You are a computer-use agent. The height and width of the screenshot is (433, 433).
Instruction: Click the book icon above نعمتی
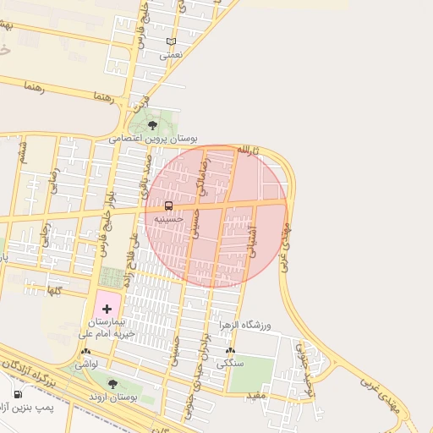pos(172,41)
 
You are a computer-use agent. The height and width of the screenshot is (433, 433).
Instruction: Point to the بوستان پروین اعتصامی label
pos(153,137)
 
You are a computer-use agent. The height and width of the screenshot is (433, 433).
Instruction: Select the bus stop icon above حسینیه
pos(169,206)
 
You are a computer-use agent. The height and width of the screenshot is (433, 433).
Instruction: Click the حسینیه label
pos(169,218)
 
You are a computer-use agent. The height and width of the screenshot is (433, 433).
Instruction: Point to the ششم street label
pos(22,152)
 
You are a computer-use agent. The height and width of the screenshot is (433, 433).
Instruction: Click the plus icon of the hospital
pos(107,310)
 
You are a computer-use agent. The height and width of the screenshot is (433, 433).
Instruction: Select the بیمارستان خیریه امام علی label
pos(106,328)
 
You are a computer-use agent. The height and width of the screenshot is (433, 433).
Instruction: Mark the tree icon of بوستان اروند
pos(112,384)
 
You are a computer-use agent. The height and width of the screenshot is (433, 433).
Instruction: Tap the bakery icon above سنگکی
pos(230,351)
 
